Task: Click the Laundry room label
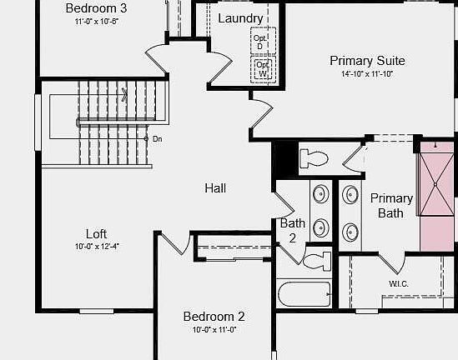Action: [240, 18]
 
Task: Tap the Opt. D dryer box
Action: [263, 41]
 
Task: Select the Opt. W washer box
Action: [263, 69]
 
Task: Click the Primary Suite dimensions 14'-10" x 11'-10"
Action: [367, 74]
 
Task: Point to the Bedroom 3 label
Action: [96, 8]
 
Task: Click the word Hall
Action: [215, 188]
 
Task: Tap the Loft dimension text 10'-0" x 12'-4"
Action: [97, 247]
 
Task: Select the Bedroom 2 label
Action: [214, 317]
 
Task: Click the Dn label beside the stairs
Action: [157, 139]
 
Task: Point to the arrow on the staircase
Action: [124, 94]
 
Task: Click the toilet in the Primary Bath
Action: [314, 158]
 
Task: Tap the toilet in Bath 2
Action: [317, 261]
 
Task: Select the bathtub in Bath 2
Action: [304, 294]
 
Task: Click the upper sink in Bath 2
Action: [320, 193]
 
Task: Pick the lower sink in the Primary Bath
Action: [350, 232]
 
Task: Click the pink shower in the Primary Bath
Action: [436, 197]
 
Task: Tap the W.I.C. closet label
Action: [399, 283]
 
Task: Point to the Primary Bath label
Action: [391, 206]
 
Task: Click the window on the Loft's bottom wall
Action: [97, 312]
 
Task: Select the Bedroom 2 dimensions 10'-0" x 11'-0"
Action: [214, 330]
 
